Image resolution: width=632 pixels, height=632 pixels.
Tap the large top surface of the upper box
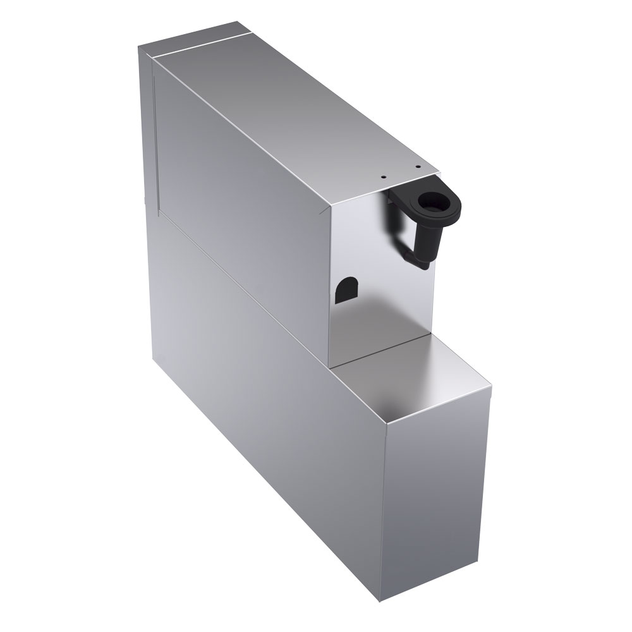pyautogui.click(x=284, y=107)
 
